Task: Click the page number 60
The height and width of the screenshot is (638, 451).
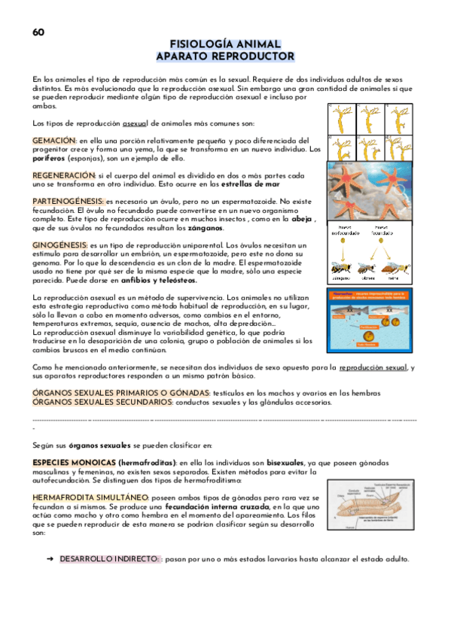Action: (38, 32)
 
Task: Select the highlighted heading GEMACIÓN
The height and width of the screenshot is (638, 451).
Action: (53, 141)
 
